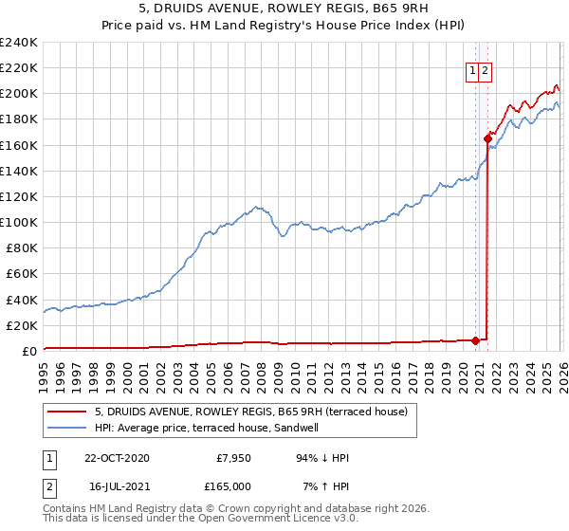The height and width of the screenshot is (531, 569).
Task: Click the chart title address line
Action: coord(284,9)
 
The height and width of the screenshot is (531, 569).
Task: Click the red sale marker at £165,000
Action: coord(487,138)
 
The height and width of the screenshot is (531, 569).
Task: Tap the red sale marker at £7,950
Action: coord(475,340)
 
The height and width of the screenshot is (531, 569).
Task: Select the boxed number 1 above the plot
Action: coord(472,69)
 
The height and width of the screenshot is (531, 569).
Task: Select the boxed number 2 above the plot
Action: coord(485,69)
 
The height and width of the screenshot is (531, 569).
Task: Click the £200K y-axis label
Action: coord(19,94)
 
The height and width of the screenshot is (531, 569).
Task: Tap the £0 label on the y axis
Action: coord(28,351)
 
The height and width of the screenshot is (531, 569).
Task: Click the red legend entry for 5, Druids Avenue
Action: coord(250,412)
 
